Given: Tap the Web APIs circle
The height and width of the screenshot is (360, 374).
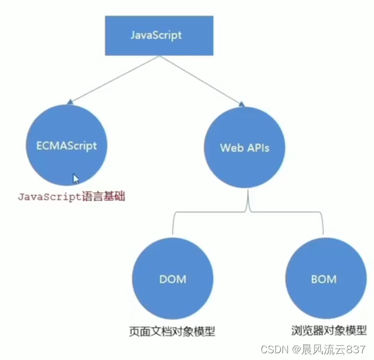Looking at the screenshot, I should click(x=244, y=148).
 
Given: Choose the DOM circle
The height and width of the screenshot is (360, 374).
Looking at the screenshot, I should click(x=172, y=279).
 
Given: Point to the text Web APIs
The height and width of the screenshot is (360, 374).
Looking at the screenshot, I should click(x=244, y=148).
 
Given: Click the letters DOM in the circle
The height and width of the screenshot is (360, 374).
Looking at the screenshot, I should click(x=172, y=279).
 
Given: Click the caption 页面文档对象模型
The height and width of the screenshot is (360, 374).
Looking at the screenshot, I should click(x=172, y=331).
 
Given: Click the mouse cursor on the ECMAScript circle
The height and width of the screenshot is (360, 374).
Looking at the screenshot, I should click(x=76, y=178).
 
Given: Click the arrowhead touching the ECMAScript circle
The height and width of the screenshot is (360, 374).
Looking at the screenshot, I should click(x=69, y=102).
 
